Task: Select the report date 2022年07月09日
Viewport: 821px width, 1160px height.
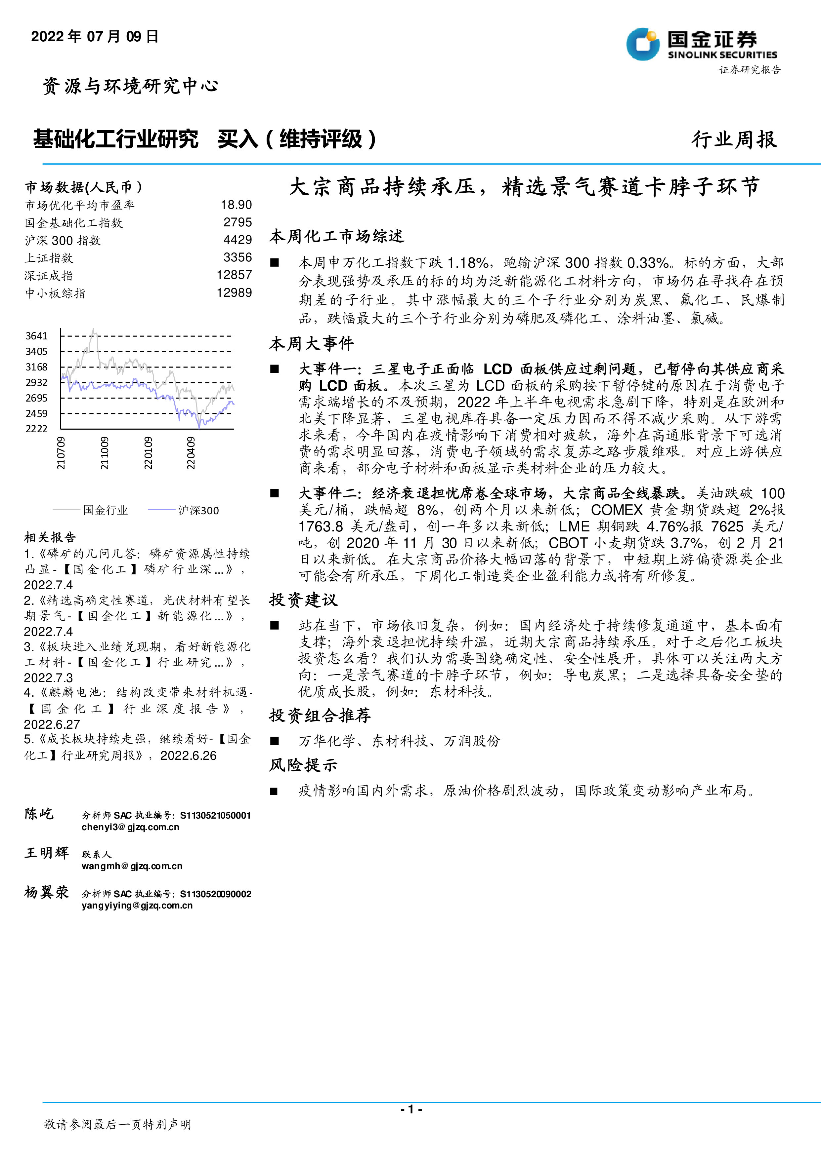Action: (95, 36)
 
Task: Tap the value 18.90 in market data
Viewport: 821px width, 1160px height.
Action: (236, 205)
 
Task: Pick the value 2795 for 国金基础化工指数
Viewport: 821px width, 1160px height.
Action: (238, 222)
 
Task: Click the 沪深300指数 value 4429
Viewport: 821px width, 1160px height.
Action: (238, 240)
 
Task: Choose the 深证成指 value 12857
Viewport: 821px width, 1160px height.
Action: (234, 275)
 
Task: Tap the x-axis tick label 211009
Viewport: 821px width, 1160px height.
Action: (104, 453)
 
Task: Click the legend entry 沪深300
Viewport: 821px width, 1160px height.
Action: (198, 510)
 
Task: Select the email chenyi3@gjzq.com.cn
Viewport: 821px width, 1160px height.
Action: (130, 827)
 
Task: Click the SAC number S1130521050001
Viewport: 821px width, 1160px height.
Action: (215, 815)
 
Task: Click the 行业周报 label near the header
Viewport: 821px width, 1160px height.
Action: (734, 139)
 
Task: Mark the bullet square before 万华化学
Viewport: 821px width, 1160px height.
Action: (275, 741)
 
